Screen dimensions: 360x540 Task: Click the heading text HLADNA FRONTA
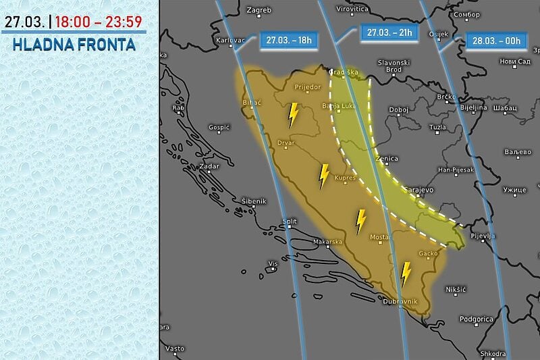tap(74, 45)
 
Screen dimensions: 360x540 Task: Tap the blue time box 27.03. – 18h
tap(289, 40)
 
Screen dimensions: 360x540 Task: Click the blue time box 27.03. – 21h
tap(390, 32)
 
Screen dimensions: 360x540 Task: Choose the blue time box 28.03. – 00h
tap(495, 41)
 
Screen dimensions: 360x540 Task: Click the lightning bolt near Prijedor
tap(293, 115)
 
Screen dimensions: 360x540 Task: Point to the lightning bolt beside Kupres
tap(324, 176)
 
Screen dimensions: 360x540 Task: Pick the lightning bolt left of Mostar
tap(361, 222)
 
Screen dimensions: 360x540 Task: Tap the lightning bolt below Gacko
tap(406, 274)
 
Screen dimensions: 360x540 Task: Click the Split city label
tap(290, 221)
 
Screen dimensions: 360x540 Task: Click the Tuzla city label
tap(438, 127)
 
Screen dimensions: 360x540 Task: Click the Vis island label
tap(273, 263)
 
